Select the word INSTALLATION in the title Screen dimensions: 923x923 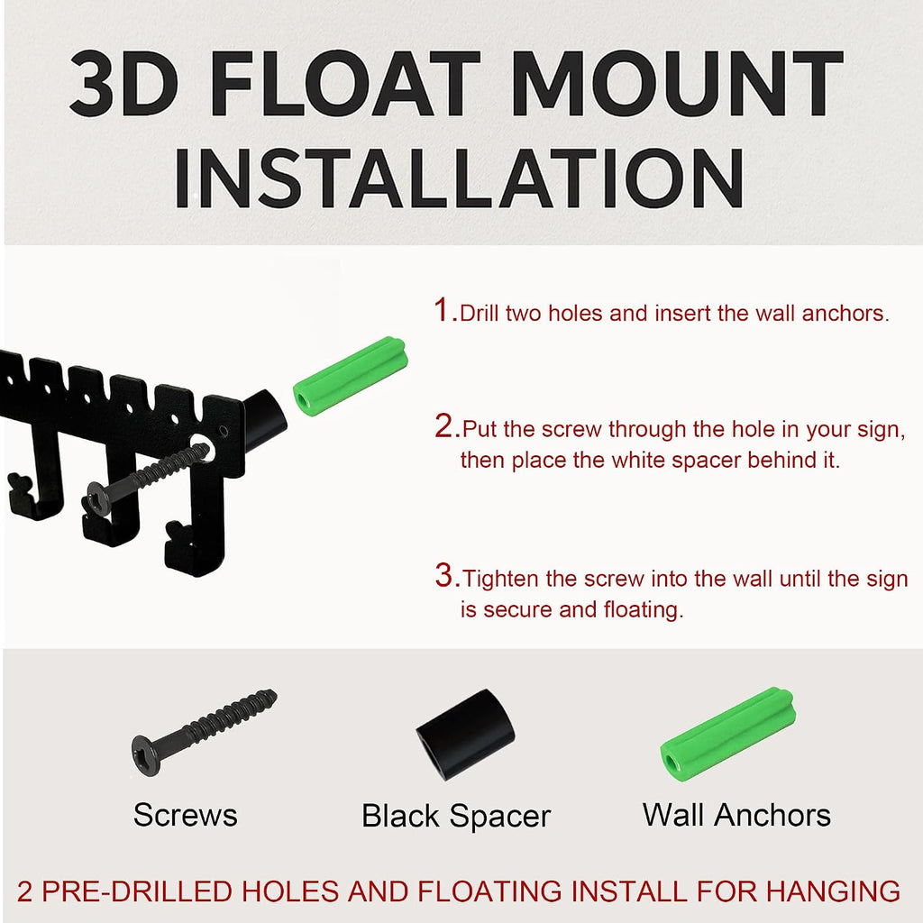(459, 178)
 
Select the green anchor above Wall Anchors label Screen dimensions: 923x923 (728, 734)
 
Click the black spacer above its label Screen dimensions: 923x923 (465, 734)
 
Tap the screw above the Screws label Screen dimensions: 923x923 (203, 733)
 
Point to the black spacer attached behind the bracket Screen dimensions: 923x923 (264, 420)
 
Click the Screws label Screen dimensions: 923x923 (186, 815)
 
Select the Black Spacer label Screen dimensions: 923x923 (456, 817)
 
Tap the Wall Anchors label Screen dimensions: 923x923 (736, 815)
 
